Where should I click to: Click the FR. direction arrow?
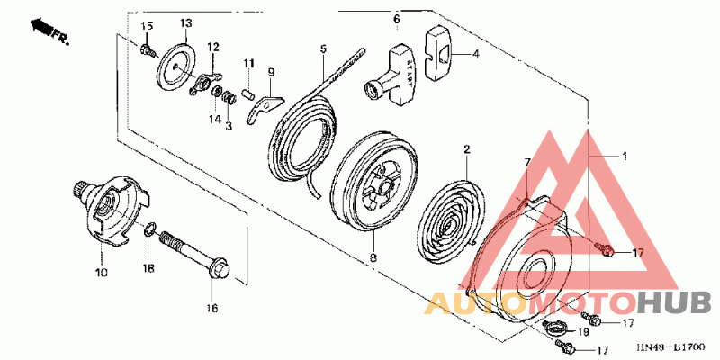coord(50,31)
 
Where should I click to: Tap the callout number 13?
coord(186,22)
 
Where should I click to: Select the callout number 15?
coord(148,24)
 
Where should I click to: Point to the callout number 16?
coord(212,309)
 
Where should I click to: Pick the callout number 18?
coord(149,268)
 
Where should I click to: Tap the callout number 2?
coord(467,148)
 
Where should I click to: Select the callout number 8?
coord(373,258)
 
